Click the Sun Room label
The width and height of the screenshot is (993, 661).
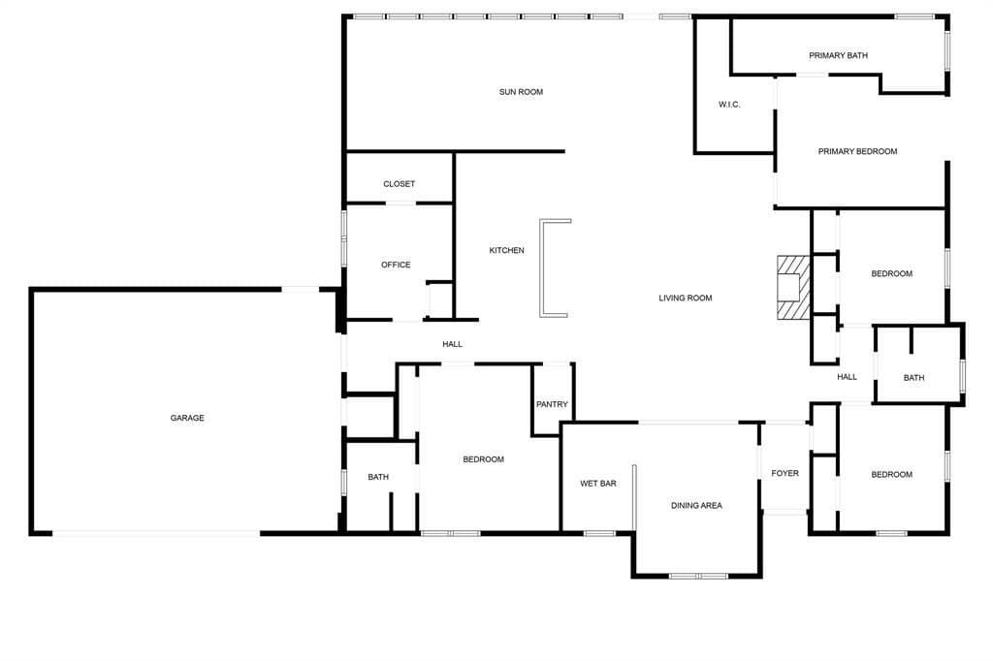521,92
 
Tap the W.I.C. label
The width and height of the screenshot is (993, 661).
729,105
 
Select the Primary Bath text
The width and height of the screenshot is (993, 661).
838,55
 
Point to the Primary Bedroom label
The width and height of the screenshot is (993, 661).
857,151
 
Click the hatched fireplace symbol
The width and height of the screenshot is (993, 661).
791,287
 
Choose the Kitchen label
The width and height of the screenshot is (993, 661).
506,251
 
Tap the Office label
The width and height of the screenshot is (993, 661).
396,265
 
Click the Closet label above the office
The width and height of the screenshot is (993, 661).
399,184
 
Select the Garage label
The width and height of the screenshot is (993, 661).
187,418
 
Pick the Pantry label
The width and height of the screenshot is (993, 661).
552,405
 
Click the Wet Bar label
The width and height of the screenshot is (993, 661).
598,483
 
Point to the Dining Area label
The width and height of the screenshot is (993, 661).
696,505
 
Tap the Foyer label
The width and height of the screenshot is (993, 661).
785,473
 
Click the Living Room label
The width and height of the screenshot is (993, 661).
686,298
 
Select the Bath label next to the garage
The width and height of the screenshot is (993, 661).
378,477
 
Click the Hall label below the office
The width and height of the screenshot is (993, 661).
452,344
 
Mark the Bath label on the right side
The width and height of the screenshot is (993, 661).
913,378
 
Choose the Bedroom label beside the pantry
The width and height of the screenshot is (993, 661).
483,459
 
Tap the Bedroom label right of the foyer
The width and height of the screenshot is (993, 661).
891,474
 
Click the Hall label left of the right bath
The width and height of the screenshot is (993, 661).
848,377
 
